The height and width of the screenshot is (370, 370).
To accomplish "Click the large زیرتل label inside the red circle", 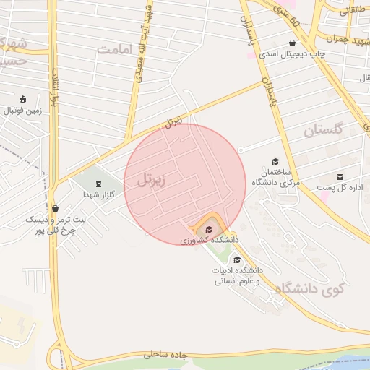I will (152, 181).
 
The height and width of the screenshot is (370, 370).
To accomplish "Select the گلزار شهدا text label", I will (99, 194).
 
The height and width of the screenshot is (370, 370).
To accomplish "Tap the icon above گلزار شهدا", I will (99, 182).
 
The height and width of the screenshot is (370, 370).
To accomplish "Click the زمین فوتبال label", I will (24, 111).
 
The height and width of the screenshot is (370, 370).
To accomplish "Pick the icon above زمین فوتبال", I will (22, 99).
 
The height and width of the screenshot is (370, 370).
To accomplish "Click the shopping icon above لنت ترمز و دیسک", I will (55, 208).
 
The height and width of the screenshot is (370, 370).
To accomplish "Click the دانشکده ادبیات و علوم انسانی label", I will (237, 275).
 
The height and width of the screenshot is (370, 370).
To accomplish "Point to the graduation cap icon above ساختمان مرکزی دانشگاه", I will (275, 161).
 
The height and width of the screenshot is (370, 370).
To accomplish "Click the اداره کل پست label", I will (341, 189).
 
